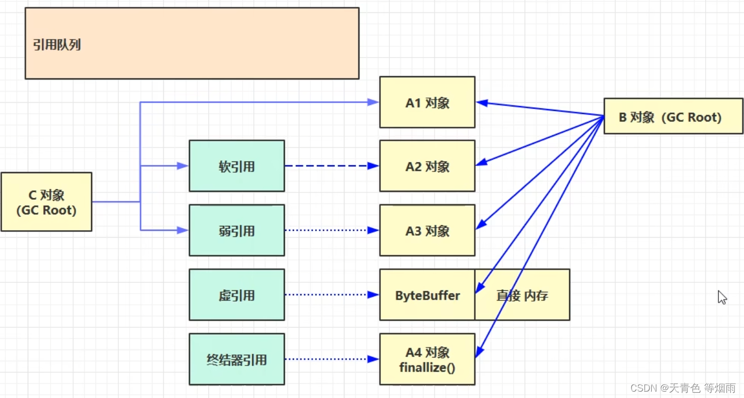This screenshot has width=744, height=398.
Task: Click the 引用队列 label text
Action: [57, 45]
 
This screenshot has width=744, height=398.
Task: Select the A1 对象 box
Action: [427, 102]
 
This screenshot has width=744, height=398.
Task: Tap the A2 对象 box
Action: [427, 166]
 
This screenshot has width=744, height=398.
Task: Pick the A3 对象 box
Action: [427, 231]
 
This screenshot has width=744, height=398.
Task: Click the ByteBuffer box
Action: [427, 295]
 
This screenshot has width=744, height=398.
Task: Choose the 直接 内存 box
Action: [522, 295]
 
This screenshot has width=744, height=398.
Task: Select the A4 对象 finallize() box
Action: [427, 359]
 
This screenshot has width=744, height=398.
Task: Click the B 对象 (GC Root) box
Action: [673, 116]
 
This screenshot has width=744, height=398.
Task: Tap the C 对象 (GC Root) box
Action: [46, 202]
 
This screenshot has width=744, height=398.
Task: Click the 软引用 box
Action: [237, 166]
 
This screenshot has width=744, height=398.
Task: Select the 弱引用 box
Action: [237, 231]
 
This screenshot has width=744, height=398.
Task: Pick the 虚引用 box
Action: [237, 295]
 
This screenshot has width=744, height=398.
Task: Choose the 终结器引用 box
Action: [237, 359]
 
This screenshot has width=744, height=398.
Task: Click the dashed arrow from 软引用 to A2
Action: [331, 166]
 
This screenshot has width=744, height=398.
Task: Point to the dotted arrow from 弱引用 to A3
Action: [331, 231]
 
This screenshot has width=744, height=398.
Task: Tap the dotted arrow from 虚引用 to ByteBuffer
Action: [331, 295]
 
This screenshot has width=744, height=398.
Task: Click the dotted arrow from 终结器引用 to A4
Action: [331, 359]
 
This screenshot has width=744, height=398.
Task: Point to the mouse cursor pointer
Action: [722, 297]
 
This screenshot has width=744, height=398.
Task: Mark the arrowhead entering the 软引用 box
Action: [183, 166]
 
